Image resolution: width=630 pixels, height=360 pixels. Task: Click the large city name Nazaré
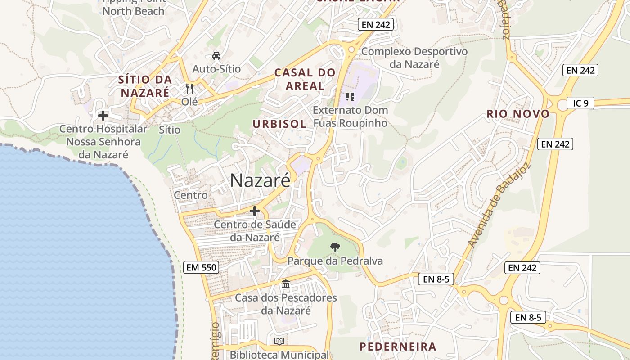coord(260,180)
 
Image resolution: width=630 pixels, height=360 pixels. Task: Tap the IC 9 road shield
coord(580,103)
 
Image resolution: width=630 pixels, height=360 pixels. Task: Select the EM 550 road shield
coord(202,267)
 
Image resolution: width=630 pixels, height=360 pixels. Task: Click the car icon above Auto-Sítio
coord(216,56)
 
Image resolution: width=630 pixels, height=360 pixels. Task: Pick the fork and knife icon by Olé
coord(189,88)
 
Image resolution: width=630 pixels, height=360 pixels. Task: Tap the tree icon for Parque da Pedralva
coord(335,247)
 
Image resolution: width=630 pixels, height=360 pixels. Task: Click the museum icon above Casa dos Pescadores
coord(286,284)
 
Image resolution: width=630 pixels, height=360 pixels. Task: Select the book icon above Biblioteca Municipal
coord(279,341)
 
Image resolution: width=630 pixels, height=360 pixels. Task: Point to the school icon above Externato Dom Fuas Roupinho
coord(350,96)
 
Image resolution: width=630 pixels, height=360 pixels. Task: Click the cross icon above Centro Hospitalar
coord(103,116)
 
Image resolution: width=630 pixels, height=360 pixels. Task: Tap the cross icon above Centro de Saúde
coord(255,211)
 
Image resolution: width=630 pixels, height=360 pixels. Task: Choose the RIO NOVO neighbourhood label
coord(518,114)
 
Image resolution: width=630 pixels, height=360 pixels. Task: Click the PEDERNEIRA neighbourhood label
coord(398,346)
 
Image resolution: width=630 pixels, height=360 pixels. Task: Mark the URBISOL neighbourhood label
coord(279,124)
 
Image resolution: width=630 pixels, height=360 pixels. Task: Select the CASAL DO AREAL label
coord(305,79)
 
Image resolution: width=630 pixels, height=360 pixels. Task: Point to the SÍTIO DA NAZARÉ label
coord(145,86)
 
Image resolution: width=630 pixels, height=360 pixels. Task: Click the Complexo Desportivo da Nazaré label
coord(414,58)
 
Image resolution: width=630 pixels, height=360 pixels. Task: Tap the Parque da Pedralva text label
coord(335,261)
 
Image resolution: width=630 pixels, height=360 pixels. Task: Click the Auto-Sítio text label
coord(216,69)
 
